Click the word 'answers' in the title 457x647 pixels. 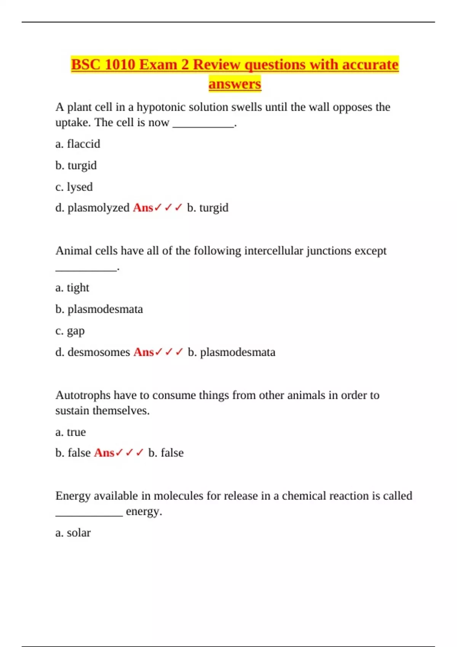click(x=235, y=84)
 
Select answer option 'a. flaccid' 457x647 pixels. click(x=78, y=144)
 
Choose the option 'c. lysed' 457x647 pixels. click(x=74, y=187)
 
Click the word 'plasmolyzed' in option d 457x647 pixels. click(x=98, y=208)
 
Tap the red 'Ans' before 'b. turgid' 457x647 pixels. click(x=143, y=208)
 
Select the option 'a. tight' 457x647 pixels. click(x=72, y=288)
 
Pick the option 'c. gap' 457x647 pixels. click(x=70, y=331)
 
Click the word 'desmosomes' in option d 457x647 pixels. click(x=99, y=352)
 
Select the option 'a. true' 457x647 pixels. click(x=70, y=432)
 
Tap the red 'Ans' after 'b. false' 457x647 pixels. click(x=104, y=453)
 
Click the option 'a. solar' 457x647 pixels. click(x=73, y=533)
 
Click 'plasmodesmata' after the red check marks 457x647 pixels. click(x=238, y=352)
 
